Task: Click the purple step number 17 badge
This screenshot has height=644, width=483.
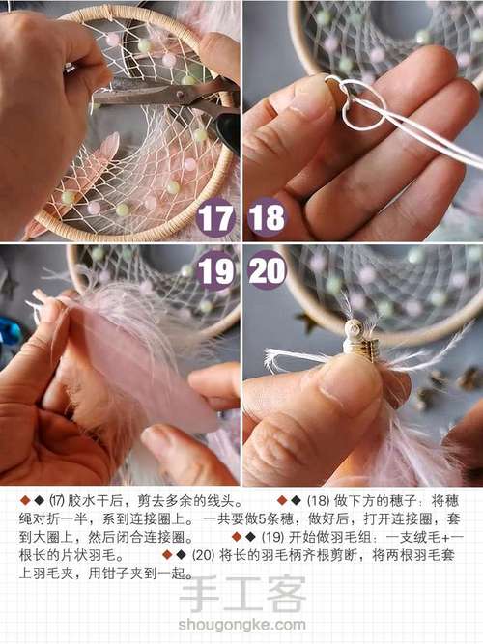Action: [215, 218]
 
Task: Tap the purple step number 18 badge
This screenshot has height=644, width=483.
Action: [267, 218]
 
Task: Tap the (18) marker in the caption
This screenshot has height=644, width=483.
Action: [318, 501]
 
